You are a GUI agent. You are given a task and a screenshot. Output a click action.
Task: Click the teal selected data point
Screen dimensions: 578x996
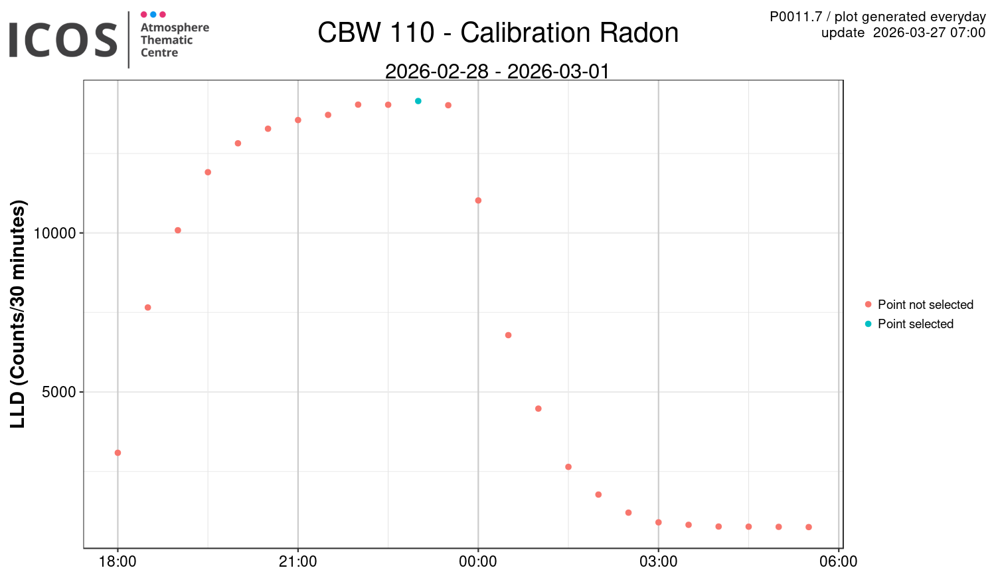pos(418,101)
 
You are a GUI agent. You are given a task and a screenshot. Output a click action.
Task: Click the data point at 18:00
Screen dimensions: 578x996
pos(118,453)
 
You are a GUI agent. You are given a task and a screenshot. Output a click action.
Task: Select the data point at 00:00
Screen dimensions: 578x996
pos(478,201)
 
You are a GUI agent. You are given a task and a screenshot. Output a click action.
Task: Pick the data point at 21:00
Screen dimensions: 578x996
pos(298,120)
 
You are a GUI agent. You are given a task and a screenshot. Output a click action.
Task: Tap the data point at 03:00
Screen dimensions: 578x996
pos(659,522)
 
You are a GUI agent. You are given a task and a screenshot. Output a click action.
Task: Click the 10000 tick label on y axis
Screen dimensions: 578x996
pos(54,233)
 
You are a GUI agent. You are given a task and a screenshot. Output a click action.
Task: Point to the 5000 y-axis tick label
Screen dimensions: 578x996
pos(59,392)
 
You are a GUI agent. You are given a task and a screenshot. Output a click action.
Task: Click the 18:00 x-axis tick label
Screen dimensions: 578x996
pos(118,562)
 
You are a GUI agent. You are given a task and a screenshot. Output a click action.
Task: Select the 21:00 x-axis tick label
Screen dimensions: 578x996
pos(298,562)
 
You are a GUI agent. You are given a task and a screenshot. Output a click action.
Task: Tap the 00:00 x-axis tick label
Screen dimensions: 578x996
pos(478,562)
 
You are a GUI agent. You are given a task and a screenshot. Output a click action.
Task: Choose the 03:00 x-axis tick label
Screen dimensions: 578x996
pos(659,562)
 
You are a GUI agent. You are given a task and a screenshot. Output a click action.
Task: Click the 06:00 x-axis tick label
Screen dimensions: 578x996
pos(839,562)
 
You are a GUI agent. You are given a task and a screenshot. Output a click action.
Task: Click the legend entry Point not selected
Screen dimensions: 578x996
pos(925,305)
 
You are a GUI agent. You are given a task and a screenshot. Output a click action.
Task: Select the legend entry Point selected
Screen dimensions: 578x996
pos(915,324)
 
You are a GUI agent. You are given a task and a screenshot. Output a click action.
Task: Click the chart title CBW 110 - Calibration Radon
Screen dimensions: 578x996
pos(498,33)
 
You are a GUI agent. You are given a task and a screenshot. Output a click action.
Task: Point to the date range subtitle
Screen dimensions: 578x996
pos(497,71)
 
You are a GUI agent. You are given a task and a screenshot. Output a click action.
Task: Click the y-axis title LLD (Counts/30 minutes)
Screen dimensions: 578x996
pos(18,314)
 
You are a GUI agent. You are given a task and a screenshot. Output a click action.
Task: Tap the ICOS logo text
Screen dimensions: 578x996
pos(63,40)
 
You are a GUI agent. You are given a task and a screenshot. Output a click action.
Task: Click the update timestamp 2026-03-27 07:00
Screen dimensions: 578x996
pos(929,33)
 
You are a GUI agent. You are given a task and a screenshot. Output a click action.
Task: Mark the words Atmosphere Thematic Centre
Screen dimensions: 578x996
pos(175,40)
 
